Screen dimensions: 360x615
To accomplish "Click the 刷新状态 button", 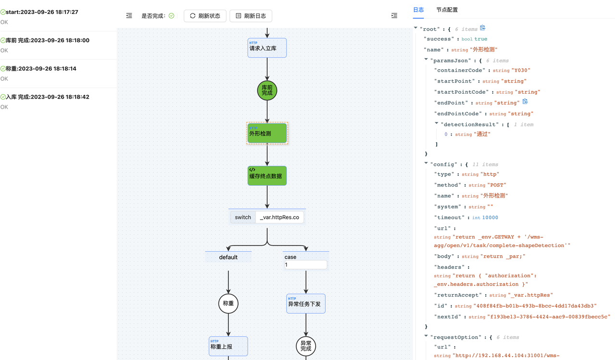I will point(205,16).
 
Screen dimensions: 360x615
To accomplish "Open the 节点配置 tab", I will point(447,10).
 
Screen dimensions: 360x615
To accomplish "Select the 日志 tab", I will point(418,10).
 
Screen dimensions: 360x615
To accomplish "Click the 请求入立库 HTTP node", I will point(267,48).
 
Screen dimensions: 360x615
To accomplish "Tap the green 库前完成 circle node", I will point(267,90).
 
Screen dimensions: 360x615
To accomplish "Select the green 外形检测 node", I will point(267,133).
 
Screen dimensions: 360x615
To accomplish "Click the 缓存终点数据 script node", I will point(267,176).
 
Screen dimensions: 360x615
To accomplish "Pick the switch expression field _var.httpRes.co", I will point(279,217).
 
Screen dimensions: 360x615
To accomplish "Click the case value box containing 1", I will point(306,265).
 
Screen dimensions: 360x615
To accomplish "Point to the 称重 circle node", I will point(228,303).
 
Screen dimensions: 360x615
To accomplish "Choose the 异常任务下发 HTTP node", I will point(306,304).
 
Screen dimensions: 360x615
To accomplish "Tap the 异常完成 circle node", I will point(306,346).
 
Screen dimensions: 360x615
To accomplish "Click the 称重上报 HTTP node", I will point(228,346).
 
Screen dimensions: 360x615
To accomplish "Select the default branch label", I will point(228,257).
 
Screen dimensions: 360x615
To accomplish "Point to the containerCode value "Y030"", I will point(521,70).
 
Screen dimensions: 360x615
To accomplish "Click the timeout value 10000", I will point(490,218).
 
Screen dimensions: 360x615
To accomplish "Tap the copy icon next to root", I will point(483,28).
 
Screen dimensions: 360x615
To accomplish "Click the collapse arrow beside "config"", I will point(426,164).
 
